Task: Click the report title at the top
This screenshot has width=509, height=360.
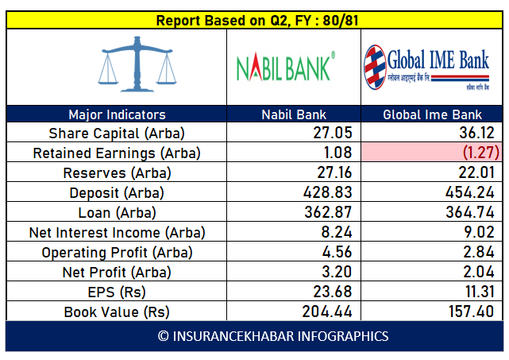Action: pos(254,20)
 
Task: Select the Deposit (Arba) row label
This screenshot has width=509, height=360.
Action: pos(117,193)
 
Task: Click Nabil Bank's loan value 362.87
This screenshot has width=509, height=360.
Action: pos(326,213)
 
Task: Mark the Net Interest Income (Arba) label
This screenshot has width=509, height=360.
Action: pos(117,233)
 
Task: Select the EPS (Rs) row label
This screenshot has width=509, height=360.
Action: pos(117,292)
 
